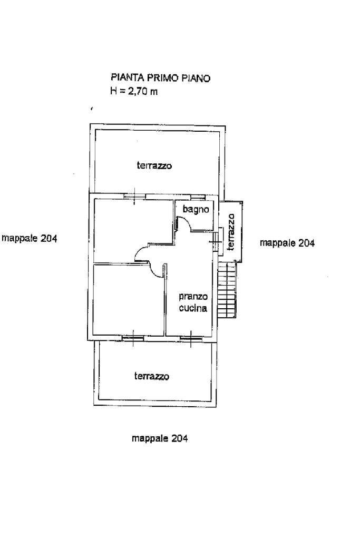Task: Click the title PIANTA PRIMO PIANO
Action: click(x=160, y=78)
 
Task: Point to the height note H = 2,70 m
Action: click(x=134, y=92)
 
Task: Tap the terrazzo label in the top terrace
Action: click(x=154, y=165)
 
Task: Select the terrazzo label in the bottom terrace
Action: click(x=152, y=376)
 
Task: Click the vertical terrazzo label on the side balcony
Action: click(x=231, y=232)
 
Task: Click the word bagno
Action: click(x=196, y=209)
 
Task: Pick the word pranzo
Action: click(x=193, y=297)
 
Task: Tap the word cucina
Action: click(x=193, y=308)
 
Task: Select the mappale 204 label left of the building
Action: click(x=30, y=238)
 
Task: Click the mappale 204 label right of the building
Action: click(x=287, y=243)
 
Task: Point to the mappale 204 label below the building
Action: click(x=160, y=438)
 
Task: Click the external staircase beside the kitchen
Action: click(x=227, y=289)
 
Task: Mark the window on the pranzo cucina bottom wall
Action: click(x=191, y=339)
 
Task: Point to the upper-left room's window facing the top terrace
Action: click(x=134, y=197)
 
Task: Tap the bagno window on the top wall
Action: click(x=198, y=197)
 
